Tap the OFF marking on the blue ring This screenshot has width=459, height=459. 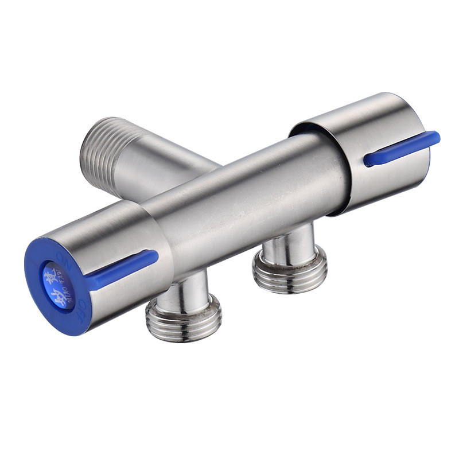pyautogui.click(x=81, y=304)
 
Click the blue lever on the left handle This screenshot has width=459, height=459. pyautogui.click(x=123, y=267)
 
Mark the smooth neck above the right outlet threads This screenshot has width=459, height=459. pyautogui.click(x=287, y=241)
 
